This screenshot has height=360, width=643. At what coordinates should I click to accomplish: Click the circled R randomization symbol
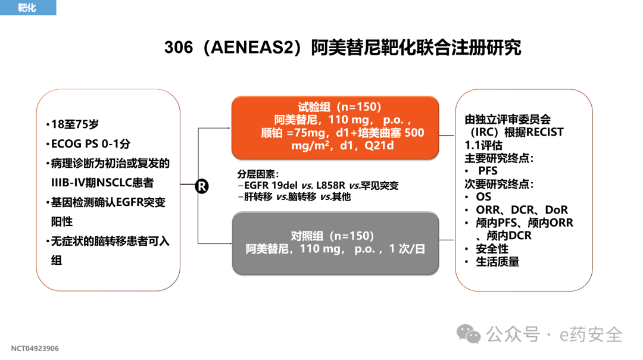202,186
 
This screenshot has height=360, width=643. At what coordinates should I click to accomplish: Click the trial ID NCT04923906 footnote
35,348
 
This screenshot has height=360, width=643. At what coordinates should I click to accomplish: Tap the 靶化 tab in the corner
27,8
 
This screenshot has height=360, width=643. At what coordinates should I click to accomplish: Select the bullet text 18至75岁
75,124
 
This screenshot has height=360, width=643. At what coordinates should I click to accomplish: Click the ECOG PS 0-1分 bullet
90,144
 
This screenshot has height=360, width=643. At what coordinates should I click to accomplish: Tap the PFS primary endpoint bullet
488,171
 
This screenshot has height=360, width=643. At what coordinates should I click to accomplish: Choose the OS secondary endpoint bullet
483,196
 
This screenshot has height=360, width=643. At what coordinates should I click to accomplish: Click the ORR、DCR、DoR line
522,209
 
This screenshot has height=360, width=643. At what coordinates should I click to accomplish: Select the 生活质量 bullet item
497,262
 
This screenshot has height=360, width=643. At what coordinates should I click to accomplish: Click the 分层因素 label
257,174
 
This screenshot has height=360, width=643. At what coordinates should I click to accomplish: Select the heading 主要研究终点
498,158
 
